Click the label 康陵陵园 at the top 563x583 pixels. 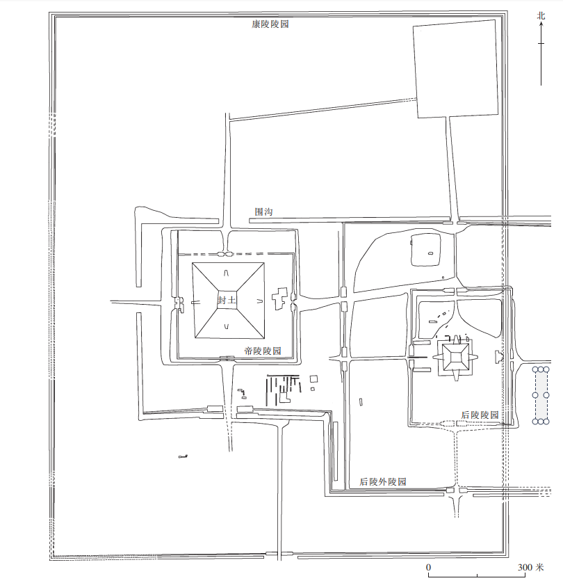(x=270, y=24)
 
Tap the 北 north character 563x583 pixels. (x=541, y=15)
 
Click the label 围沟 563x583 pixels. (x=263, y=212)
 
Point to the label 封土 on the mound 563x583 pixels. (x=227, y=300)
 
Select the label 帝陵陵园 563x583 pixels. (x=263, y=351)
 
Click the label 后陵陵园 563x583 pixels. (x=480, y=415)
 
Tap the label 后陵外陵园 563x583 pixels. (x=382, y=482)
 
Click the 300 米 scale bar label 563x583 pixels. (x=531, y=568)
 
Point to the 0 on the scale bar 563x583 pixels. (x=428, y=568)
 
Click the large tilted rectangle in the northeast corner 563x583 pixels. (x=456, y=69)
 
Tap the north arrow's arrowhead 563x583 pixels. (x=541, y=24)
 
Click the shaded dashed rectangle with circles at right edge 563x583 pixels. (x=541, y=395)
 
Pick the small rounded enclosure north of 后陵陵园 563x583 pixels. (x=426, y=250)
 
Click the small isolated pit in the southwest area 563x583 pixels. (x=183, y=456)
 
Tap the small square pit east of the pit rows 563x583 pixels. (x=313, y=379)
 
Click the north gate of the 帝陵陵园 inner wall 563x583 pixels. (x=225, y=255)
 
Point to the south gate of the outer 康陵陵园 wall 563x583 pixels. (x=279, y=555)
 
